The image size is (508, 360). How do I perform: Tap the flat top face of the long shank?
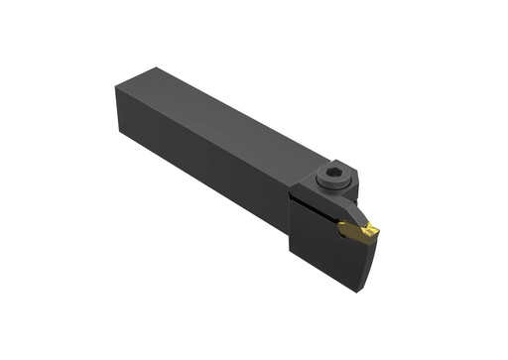(x=228, y=114)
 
